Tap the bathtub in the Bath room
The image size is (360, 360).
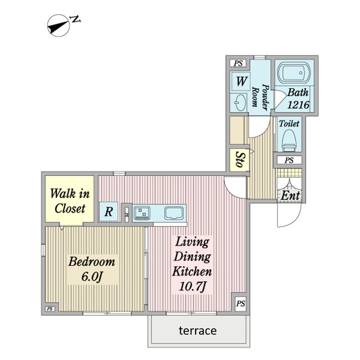point(294,73)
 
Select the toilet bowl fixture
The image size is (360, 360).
point(289,140)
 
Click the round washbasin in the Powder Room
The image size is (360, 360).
point(240,103)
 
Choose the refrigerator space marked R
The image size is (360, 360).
point(109,211)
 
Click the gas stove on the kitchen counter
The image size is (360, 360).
point(142,213)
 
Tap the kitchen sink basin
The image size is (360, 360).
point(174,213)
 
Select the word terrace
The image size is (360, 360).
point(197,331)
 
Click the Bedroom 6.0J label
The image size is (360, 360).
point(92,269)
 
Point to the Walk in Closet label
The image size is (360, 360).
point(70,201)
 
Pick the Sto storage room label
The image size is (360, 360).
point(240,160)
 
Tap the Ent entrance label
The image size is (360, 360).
point(290,196)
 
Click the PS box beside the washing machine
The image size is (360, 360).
point(238,63)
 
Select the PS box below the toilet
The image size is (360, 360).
point(289,160)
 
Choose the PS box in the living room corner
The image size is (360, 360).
point(241,304)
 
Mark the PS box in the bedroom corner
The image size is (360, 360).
point(50,309)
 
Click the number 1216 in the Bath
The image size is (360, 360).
point(298,105)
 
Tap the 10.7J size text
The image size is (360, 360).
point(193,286)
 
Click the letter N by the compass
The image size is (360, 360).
point(76,19)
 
